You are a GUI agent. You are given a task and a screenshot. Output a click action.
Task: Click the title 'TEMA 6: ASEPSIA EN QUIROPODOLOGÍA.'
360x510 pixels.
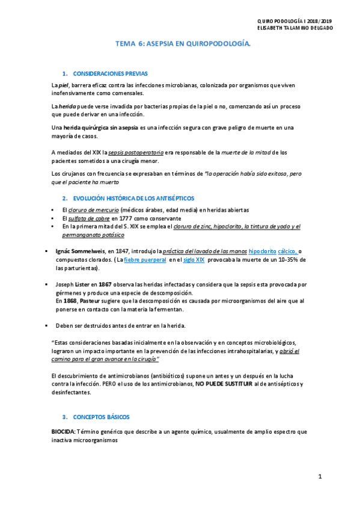(183, 44)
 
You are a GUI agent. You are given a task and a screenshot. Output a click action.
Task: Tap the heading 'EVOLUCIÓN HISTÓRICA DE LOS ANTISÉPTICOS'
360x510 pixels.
(134, 198)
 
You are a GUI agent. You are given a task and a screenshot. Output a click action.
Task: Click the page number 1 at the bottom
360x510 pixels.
(320, 476)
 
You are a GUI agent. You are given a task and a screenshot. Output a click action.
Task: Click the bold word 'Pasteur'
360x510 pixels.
(91, 300)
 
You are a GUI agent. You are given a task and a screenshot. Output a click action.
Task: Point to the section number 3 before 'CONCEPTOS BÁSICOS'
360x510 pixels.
(65, 417)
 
